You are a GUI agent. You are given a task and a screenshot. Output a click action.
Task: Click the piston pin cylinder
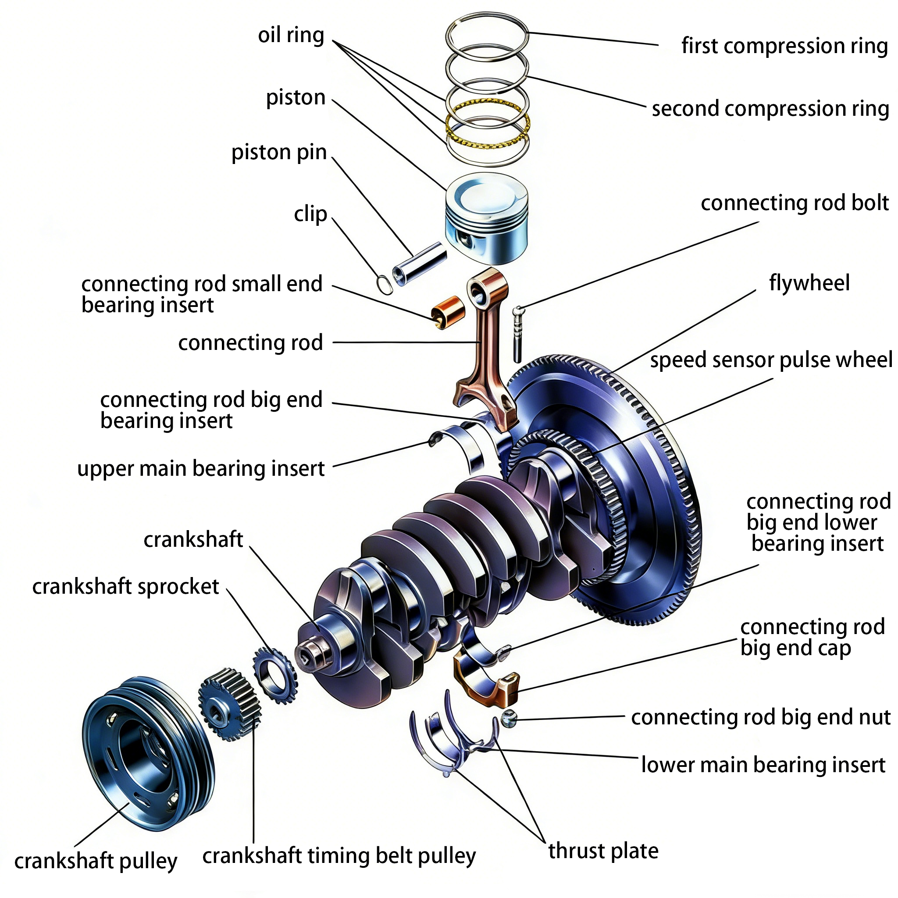pyautogui.click(x=419, y=264)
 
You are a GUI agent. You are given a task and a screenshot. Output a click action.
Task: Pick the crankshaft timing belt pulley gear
pyautogui.click(x=229, y=704)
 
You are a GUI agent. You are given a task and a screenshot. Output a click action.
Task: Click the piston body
pyautogui.click(x=487, y=218)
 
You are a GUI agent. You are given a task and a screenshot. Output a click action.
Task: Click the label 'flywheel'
pyautogui.click(x=809, y=283)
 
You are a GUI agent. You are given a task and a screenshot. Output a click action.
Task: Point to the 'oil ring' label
pyautogui.click(x=291, y=35)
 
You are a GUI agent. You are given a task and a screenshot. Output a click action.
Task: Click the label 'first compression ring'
pyautogui.click(x=784, y=46)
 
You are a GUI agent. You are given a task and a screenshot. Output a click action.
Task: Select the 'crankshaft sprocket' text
pyautogui.click(x=125, y=587)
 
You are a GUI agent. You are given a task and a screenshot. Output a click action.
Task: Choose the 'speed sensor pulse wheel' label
pyautogui.click(x=771, y=360)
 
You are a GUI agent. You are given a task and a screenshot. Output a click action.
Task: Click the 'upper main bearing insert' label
pyautogui.click(x=201, y=469)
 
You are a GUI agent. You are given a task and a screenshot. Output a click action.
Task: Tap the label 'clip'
pyautogui.click(x=310, y=214)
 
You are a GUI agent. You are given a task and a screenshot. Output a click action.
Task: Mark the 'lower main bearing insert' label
pyautogui.click(x=763, y=765)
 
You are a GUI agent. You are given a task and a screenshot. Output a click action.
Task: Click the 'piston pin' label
pyautogui.click(x=279, y=153)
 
